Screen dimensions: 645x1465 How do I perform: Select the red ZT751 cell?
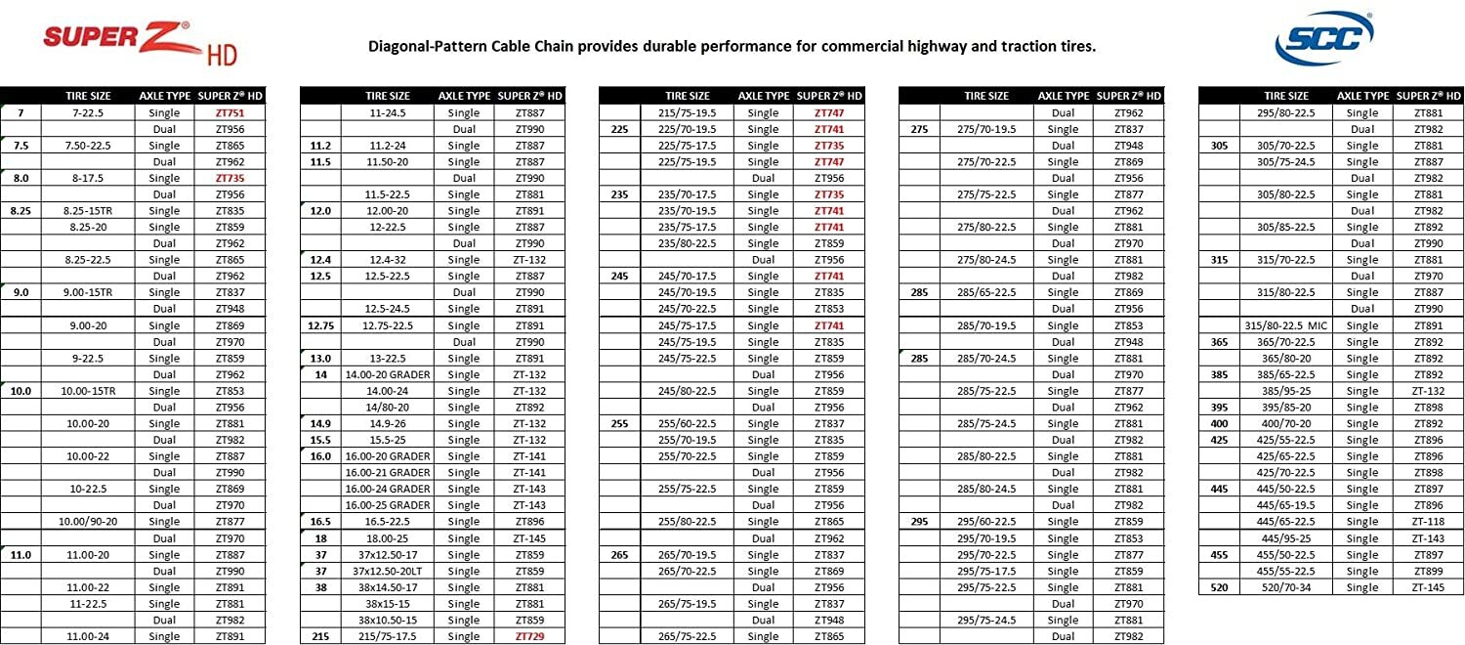[x=230, y=112]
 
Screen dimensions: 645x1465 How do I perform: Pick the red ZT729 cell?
[x=529, y=636]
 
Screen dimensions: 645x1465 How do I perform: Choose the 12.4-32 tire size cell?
[x=388, y=260]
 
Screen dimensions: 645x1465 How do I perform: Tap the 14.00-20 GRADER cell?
[x=388, y=374]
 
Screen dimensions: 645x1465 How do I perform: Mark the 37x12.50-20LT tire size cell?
[x=388, y=571]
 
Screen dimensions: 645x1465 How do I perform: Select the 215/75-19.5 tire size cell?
[x=688, y=112]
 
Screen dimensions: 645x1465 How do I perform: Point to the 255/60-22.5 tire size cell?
[x=688, y=423]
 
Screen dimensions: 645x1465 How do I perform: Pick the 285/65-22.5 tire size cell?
[x=986, y=292]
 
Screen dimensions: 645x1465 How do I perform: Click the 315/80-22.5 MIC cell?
[x=1286, y=325]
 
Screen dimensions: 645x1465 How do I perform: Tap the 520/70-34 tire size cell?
[x=1286, y=587]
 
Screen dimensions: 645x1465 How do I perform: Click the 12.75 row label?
[x=321, y=325]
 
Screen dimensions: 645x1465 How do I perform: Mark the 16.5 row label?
[x=321, y=522]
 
